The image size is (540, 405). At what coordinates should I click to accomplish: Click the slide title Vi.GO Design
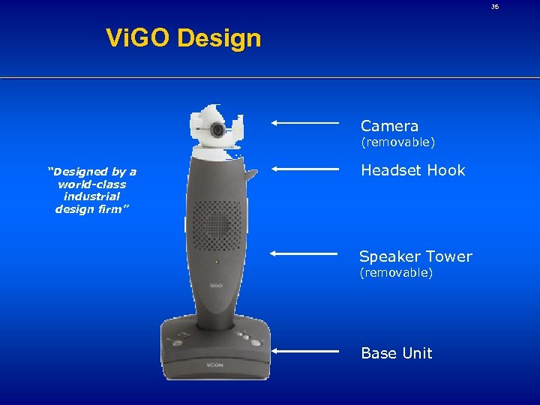[x=184, y=37]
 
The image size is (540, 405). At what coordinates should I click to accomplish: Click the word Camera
[x=389, y=126]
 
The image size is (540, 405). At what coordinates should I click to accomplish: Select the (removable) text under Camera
[x=397, y=142]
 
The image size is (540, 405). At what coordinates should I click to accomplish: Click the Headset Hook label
[x=412, y=170]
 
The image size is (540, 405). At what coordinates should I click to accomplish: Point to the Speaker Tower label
[x=415, y=256]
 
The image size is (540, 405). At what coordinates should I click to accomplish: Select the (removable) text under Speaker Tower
[x=396, y=272]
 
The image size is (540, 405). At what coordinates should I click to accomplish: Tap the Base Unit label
[x=397, y=353]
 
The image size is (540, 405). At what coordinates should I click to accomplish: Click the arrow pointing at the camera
[x=305, y=121]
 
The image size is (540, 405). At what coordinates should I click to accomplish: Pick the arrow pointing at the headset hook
[x=305, y=169]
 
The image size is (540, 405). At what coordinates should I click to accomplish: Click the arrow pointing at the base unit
[x=305, y=350]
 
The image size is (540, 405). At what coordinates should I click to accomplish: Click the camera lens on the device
[x=217, y=130]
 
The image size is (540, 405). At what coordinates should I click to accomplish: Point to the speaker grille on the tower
[x=216, y=223]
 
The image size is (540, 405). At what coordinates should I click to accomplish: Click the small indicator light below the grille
[x=216, y=262]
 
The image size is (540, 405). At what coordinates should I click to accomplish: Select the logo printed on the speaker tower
[x=216, y=285]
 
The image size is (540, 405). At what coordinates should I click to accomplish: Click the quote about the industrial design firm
[x=91, y=190]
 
